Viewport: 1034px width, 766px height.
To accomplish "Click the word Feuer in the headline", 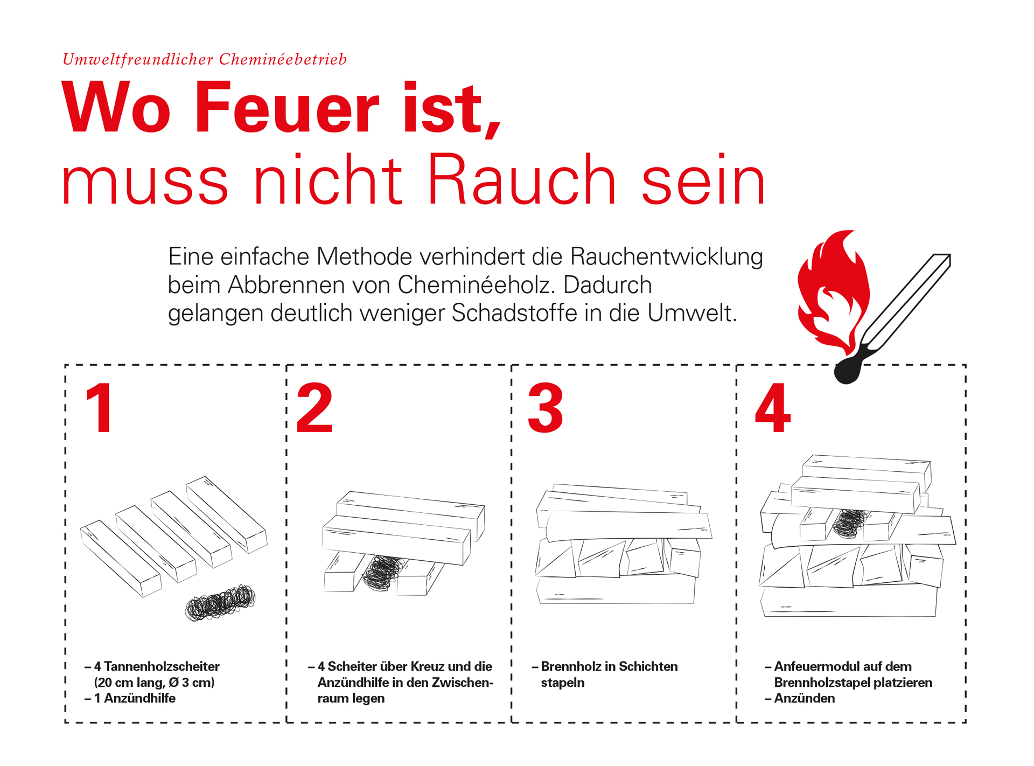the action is click(x=287, y=107).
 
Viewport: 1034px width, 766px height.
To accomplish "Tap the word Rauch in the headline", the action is click(x=521, y=179).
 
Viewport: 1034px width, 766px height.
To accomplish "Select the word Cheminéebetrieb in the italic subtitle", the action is click(x=283, y=59).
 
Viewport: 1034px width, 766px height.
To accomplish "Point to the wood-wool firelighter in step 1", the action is click(x=220, y=603).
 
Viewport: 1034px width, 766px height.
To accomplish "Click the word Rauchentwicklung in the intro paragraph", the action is click(x=667, y=256).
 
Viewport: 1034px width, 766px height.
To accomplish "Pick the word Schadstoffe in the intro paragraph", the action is click(x=514, y=313).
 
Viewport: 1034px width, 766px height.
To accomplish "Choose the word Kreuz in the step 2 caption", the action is click(x=432, y=667).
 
